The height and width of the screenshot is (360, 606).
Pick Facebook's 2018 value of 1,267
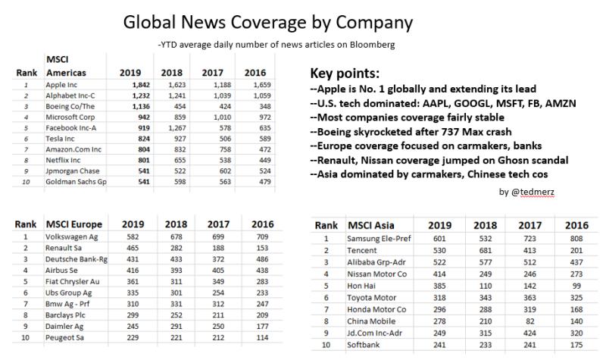tap(172, 128)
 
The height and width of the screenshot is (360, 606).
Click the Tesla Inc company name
tap(64, 139)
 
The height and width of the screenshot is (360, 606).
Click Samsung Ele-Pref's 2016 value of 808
tap(576, 239)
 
